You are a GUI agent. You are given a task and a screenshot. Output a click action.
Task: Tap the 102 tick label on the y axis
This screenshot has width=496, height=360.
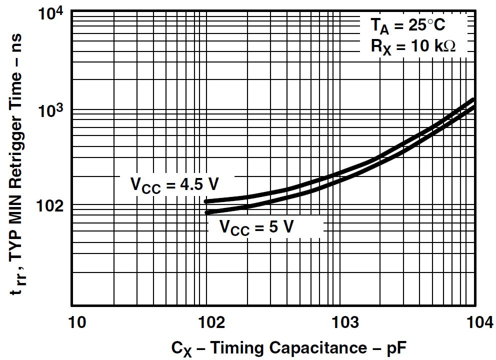[x=50, y=206]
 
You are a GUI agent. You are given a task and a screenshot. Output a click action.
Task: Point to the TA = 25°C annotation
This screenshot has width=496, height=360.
[x=407, y=24]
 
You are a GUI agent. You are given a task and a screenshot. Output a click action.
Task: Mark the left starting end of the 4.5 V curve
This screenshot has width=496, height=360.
[x=206, y=201]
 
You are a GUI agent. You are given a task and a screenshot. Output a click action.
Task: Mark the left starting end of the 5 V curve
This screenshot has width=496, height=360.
[x=206, y=212]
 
